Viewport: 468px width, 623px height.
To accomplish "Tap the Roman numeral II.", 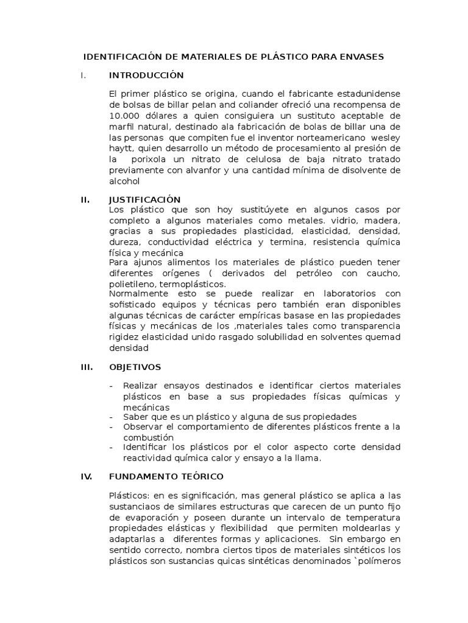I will [85, 200].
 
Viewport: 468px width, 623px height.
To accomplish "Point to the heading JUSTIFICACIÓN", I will [145, 200].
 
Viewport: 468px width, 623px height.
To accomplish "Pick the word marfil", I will [122, 127].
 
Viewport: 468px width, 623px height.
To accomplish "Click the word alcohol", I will [124, 181].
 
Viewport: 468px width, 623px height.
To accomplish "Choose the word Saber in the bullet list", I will [135, 417].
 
